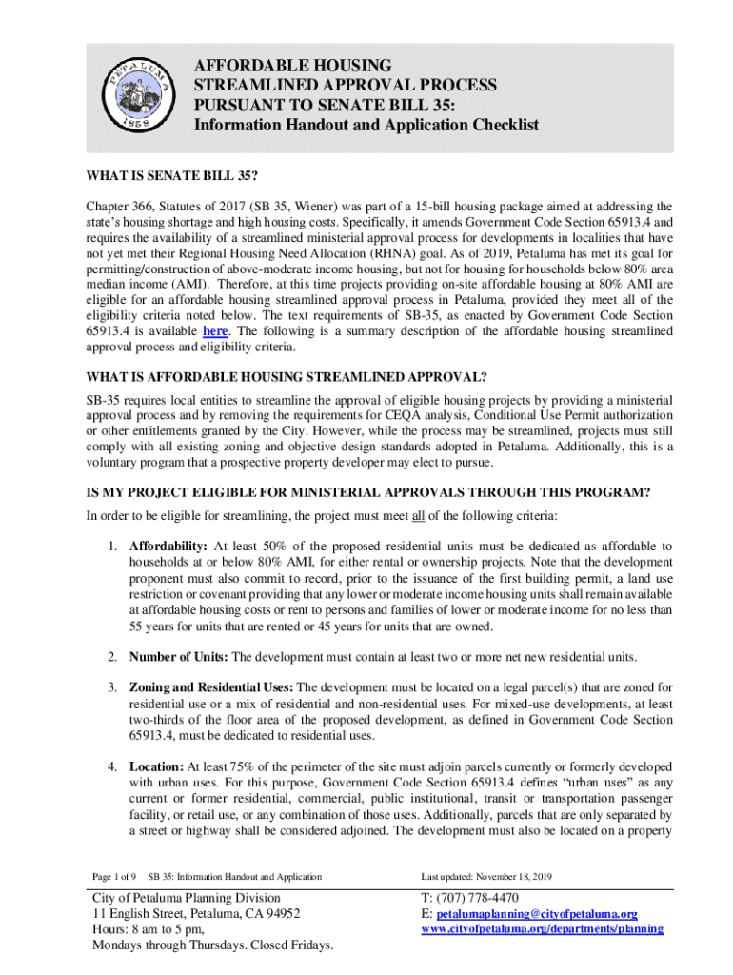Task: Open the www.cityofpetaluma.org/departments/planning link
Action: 541,928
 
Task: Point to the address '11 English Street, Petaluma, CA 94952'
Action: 196,913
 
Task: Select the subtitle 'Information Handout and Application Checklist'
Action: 366,125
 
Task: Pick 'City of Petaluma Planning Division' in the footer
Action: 186,897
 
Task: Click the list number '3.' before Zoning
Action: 111,686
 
